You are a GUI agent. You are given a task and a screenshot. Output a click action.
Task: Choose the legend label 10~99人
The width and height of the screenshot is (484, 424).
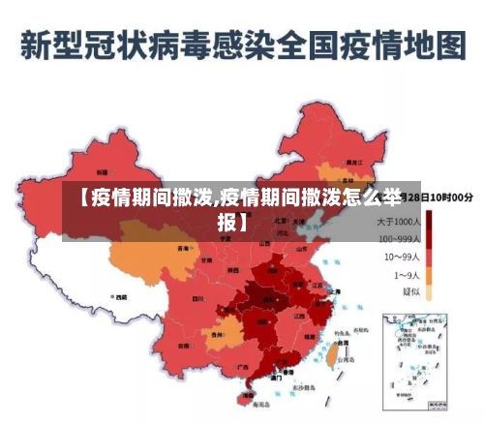click(x=403, y=257)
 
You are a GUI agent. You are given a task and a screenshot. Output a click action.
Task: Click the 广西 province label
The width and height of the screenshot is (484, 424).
click(x=242, y=367)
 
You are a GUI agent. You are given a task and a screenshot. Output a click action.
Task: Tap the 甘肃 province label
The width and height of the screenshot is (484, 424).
click(x=206, y=259)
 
